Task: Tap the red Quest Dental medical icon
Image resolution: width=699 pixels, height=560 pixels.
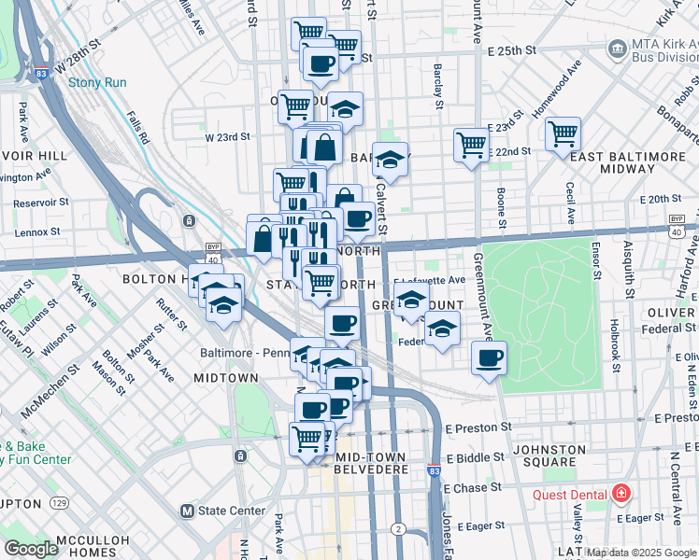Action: point(620,494)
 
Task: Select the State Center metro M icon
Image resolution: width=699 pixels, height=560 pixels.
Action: point(187,511)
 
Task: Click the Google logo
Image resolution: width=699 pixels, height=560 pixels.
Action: point(32,549)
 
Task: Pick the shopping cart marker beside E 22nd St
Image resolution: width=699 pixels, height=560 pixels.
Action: point(563,133)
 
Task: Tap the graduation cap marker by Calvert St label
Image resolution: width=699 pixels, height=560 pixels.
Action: point(391,159)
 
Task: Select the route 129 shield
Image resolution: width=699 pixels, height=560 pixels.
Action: point(60,503)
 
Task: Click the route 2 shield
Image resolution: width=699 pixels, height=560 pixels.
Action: point(398,529)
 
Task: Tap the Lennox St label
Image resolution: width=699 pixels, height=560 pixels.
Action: point(37,231)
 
